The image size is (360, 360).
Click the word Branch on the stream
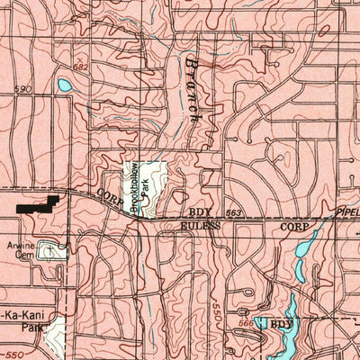[x=192, y=90]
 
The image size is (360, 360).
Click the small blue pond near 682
[x=65, y=86]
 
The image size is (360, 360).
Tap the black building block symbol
[x=38, y=204]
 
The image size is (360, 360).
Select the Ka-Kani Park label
[x=22, y=317]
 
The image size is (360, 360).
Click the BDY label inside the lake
[x=283, y=323]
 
